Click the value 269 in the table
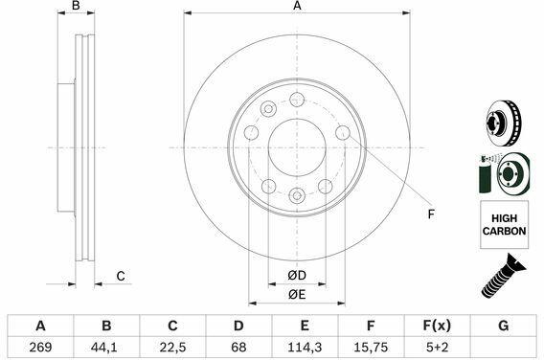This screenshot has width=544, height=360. pyautogui.click(x=40, y=348)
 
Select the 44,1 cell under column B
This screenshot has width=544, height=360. pyautogui.click(x=106, y=348)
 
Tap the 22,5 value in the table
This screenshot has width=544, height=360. pyautogui.click(x=172, y=348)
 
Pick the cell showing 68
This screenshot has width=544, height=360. pyautogui.click(x=238, y=348)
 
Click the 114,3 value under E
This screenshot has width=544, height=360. pyautogui.click(x=305, y=348)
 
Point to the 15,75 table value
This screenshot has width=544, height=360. pyautogui.click(x=371, y=348)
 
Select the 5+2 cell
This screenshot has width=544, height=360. pyautogui.click(x=437, y=348)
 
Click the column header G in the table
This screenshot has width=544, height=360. pyautogui.click(x=503, y=326)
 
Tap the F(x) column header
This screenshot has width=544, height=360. pyautogui.click(x=437, y=326)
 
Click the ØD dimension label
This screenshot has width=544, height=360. pyautogui.click(x=297, y=276)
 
